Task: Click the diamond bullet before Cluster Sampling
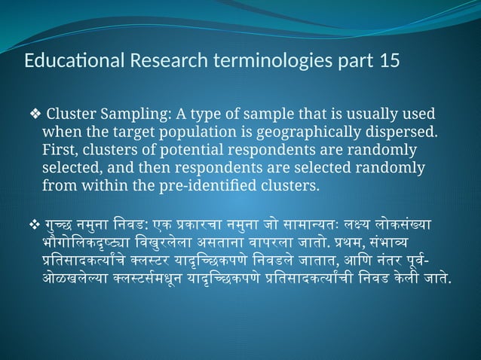(35, 115)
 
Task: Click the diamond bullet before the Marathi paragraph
(33, 224)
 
